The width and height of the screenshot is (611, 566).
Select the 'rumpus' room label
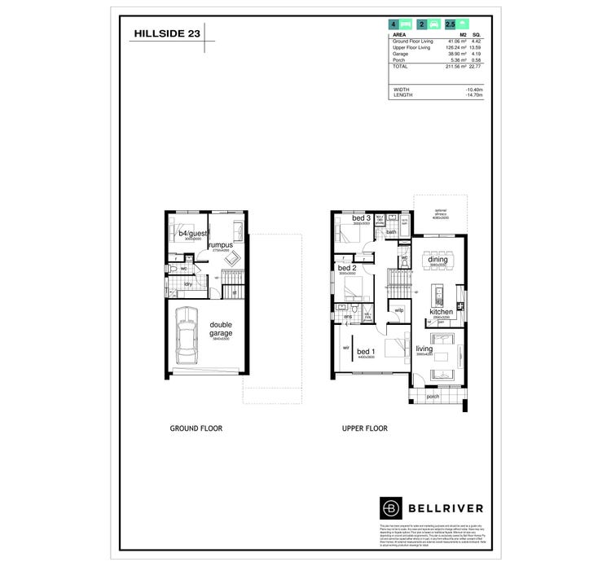(220, 244)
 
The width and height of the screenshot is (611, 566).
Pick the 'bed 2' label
(346, 268)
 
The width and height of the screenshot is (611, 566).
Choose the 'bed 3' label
(361, 218)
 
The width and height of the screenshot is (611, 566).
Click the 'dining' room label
(438, 260)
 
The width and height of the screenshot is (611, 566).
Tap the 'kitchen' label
(442, 311)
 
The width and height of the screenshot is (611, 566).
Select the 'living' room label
(424, 349)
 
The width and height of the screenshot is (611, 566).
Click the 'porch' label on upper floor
(433, 397)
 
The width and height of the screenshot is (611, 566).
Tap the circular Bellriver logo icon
(391, 507)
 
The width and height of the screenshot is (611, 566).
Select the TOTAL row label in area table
(402, 67)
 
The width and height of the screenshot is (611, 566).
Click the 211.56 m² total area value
(454, 67)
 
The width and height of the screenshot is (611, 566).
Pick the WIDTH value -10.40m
(473, 89)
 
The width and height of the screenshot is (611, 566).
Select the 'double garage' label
(221, 328)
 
